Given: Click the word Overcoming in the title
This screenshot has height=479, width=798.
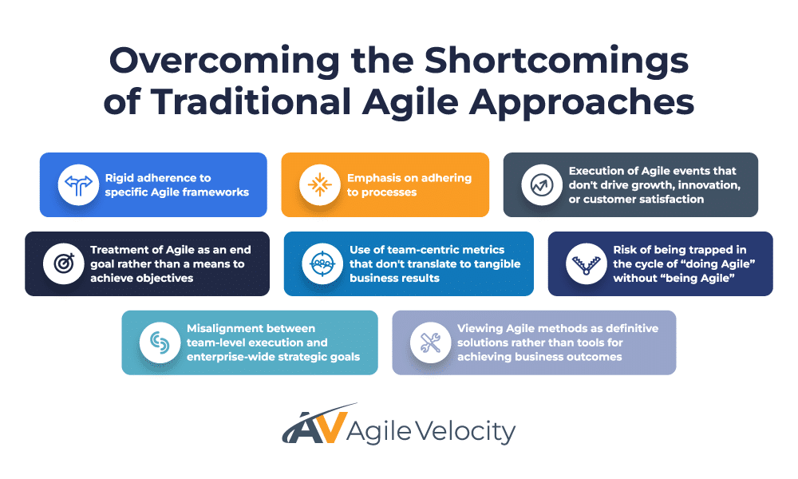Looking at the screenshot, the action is (224, 61).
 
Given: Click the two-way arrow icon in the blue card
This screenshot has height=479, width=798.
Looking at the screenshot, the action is (78, 184).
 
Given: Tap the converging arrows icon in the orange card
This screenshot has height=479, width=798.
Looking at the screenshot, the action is (320, 184).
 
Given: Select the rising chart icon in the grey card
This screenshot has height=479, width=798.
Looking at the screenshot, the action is (542, 184).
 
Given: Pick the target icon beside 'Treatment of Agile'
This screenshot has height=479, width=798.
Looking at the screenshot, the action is (64, 263).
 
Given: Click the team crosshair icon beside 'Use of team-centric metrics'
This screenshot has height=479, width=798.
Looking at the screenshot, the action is (322, 263).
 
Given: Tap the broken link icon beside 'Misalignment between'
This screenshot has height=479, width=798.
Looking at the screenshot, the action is (160, 342).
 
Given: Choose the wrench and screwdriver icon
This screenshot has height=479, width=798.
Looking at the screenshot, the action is (431, 342).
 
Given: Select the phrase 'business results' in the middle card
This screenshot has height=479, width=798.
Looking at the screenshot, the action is (394, 278).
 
